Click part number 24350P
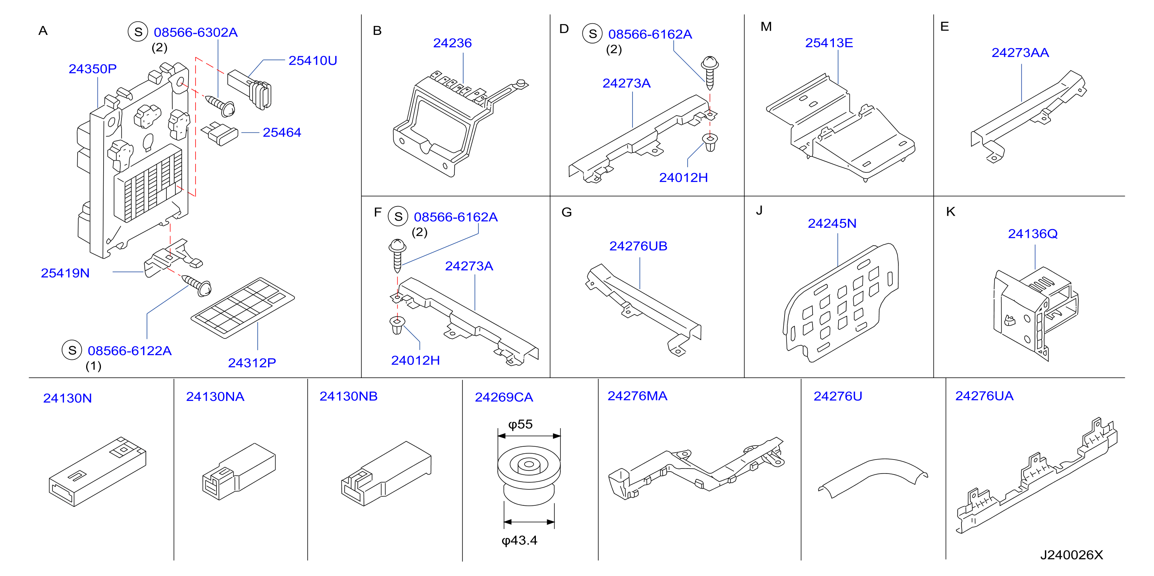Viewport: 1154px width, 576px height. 92,69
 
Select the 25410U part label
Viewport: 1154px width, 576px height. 313,61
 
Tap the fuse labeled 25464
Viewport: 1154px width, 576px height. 220,134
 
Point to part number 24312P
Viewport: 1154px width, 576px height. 252,363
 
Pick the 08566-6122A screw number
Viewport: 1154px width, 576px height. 130,350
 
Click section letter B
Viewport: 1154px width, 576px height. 377,31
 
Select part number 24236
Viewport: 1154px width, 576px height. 452,43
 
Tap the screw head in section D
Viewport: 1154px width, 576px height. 710,63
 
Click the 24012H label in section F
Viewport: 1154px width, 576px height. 415,361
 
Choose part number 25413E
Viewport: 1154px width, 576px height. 829,43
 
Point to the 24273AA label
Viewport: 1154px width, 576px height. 1020,53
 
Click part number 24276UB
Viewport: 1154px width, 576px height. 638,246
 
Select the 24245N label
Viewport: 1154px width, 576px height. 832,223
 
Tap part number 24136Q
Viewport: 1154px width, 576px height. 1033,234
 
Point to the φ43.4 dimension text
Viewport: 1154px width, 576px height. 519,541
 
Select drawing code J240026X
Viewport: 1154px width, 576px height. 1072,555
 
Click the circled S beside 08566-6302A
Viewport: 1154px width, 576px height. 138,32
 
